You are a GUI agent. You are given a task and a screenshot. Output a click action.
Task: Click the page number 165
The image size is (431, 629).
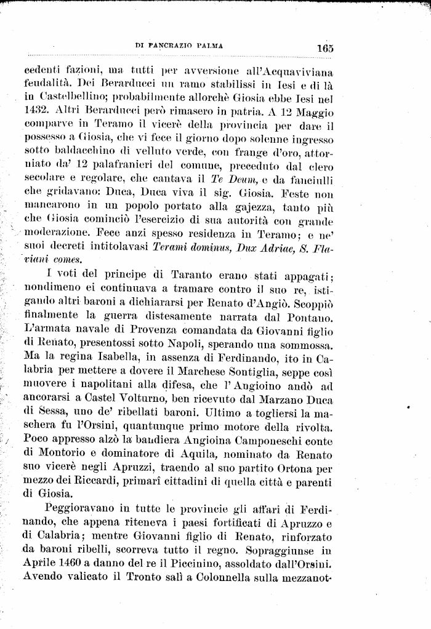[326, 47]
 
